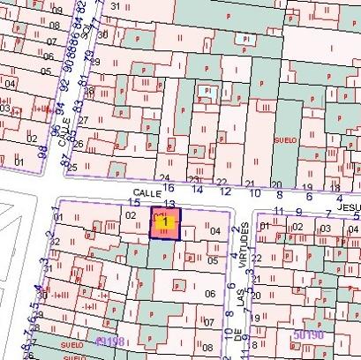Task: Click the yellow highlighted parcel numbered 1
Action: point(165,224)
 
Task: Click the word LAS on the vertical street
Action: point(240,303)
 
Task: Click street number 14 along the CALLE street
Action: point(199,189)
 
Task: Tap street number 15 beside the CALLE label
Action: point(135,202)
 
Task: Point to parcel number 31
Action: point(116,6)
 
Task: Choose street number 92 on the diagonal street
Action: point(64,88)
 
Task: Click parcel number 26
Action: point(78,144)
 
